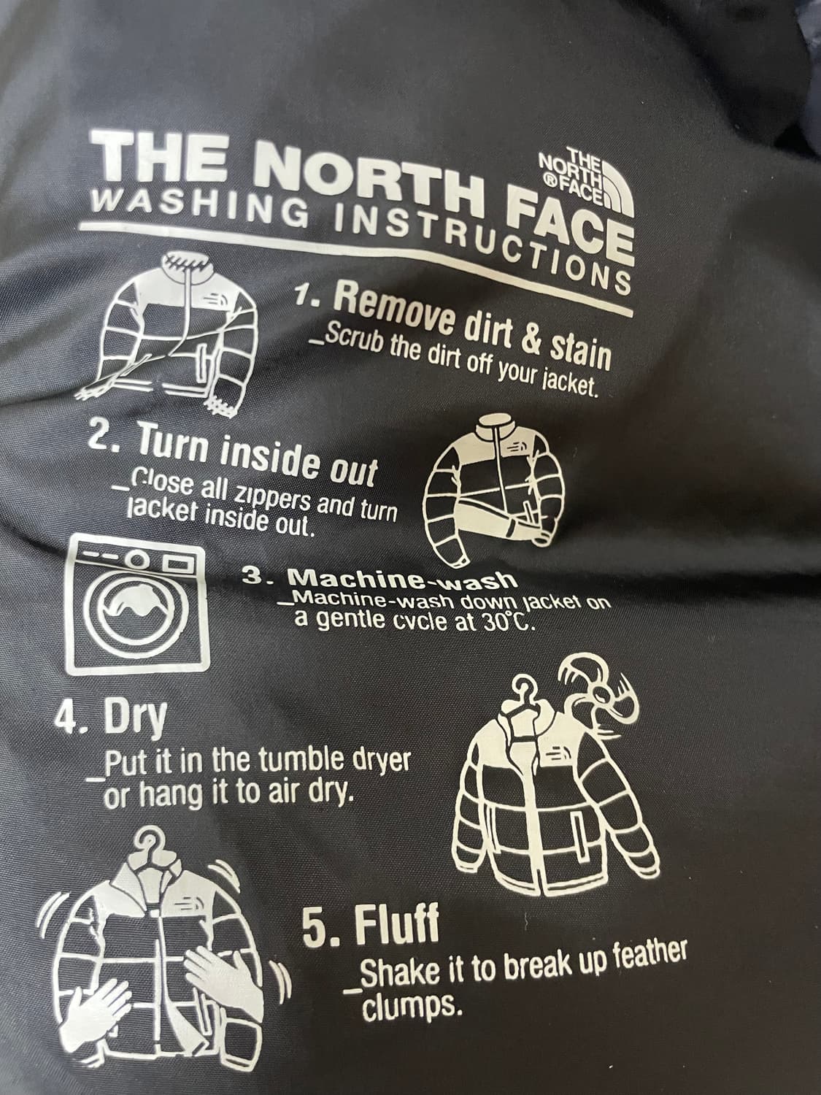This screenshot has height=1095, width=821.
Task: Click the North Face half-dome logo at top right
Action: click(x=586, y=182)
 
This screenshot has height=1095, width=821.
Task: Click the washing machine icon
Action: click(x=136, y=604)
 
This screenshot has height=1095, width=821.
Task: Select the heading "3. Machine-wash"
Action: click(x=378, y=579)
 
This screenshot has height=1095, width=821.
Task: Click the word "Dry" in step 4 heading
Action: click(x=134, y=721)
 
